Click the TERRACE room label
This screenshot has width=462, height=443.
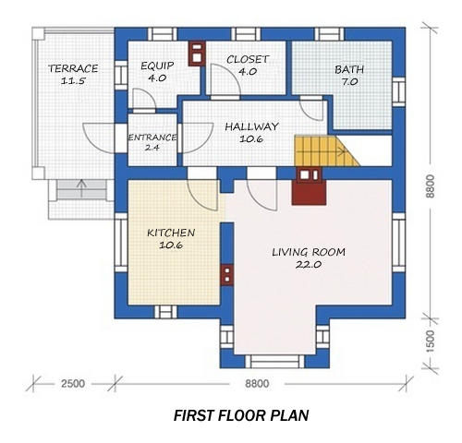pyautogui.click(x=73, y=68)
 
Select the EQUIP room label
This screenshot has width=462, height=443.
pyautogui.click(x=157, y=66)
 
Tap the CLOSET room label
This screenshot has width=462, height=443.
pyautogui.click(x=248, y=59)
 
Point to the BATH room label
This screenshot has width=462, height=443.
pyautogui.click(x=349, y=68)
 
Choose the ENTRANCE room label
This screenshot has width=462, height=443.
pyautogui.click(x=152, y=137)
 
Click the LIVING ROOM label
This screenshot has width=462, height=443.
pyautogui.click(x=308, y=251)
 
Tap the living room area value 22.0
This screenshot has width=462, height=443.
pyautogui.click(x=308, y=265)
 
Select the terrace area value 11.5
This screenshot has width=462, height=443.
pyautogui.click(x=73, y=82)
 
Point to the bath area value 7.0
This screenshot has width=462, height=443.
pyautogui.click(x=349, y=82)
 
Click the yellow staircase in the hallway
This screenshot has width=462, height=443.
pyautogui.click(x=323, y=150)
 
